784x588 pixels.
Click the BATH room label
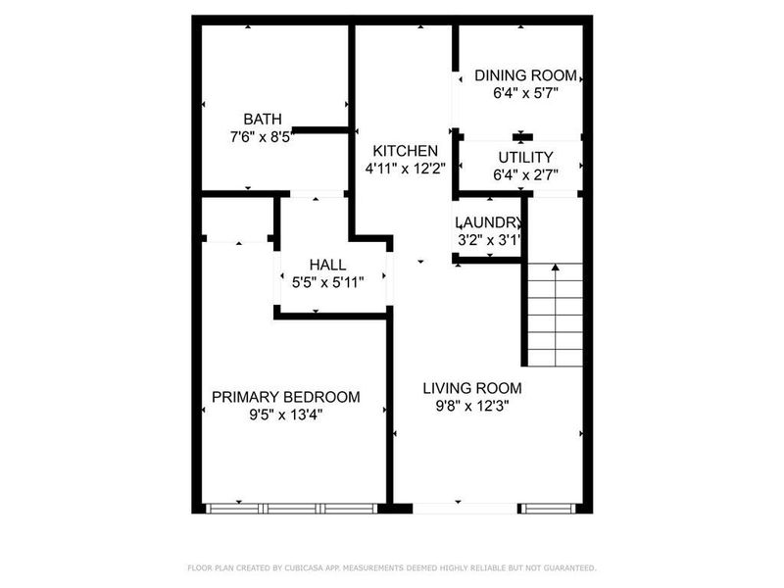[262, 120]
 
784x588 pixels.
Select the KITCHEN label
[405, 151]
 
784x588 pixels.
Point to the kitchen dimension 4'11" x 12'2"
[405, 168]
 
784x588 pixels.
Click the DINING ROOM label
[525, 75]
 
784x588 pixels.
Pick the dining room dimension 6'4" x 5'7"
[525, 94]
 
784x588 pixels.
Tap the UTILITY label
[525, 157]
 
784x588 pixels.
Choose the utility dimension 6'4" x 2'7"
[525, 175]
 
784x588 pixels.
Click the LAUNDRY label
[488, 222]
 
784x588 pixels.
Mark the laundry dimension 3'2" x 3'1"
[488, 239]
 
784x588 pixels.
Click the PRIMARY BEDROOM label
[286, 397]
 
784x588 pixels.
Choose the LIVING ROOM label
[472, 387]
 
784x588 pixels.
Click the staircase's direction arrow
[555, 267]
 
